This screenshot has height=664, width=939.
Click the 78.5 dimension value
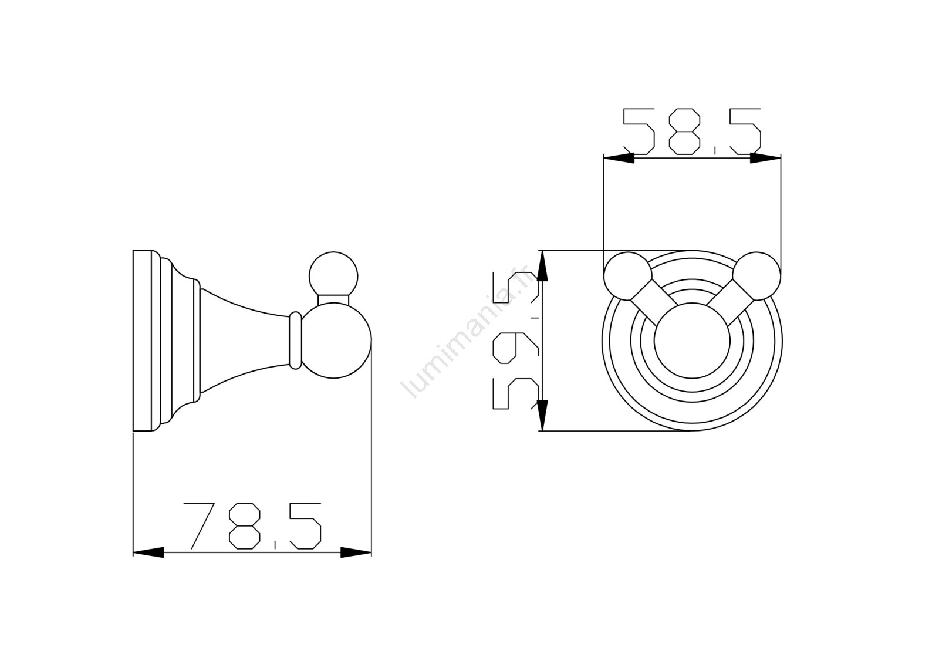pos(252,525)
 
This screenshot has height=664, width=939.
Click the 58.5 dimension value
pos(692,132)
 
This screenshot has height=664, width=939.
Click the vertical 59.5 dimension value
pos(515,340)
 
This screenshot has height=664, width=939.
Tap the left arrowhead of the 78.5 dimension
pos(148,552)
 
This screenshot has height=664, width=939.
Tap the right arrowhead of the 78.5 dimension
pos(356,552)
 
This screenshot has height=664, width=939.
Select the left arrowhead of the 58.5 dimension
pos(619,158)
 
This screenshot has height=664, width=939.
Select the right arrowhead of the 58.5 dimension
pos(765,158)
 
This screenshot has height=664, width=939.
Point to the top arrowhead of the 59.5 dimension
pos(542,265)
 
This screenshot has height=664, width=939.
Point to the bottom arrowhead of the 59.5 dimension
pos(542,415)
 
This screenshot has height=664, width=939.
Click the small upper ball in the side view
pos(333,276)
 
